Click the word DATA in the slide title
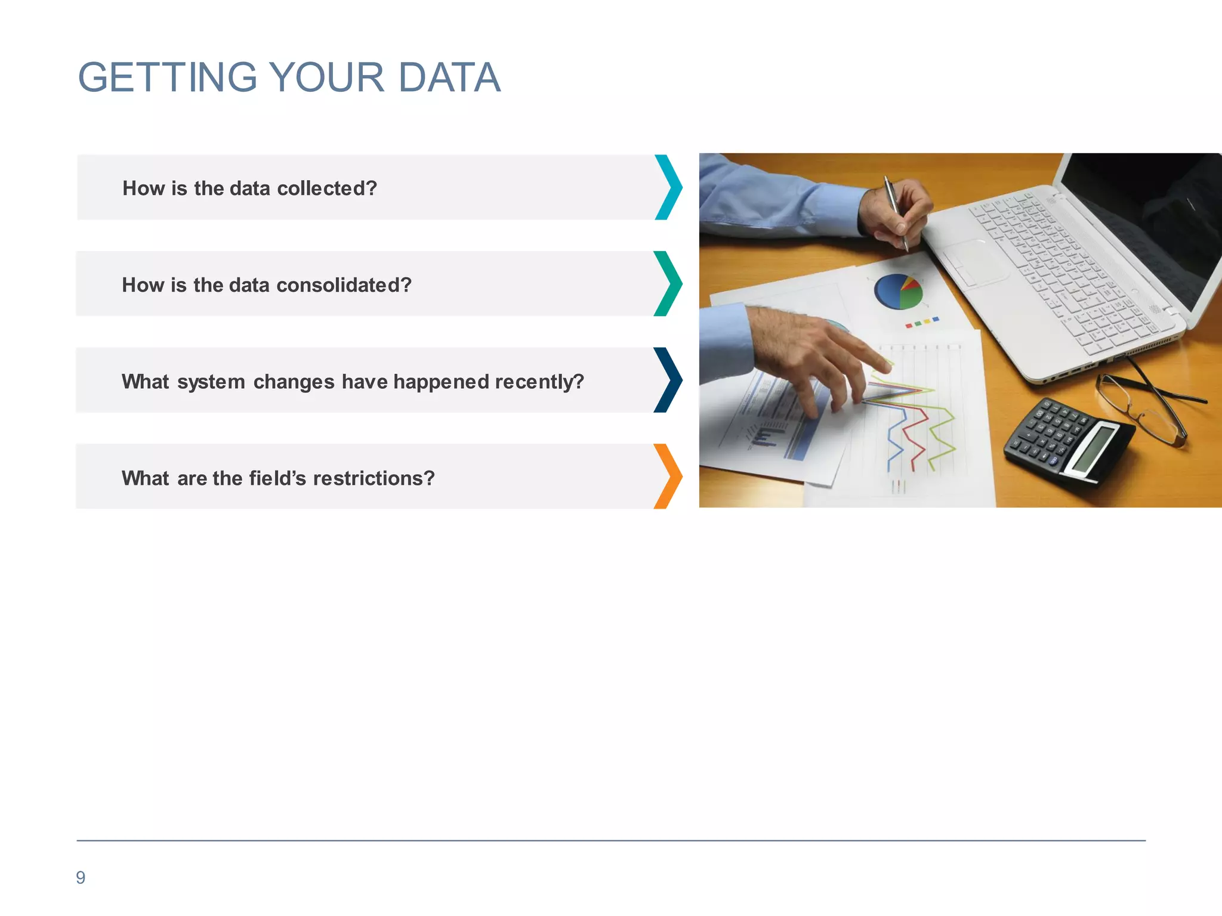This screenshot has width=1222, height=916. [x=449, y=78]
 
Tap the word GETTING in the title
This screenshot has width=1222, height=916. [x=168, y=78]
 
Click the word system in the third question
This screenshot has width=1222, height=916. [x=211, y=382]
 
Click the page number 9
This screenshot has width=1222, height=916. [x=81, y=878]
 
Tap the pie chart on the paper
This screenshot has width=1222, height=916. [x=898, y=292]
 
